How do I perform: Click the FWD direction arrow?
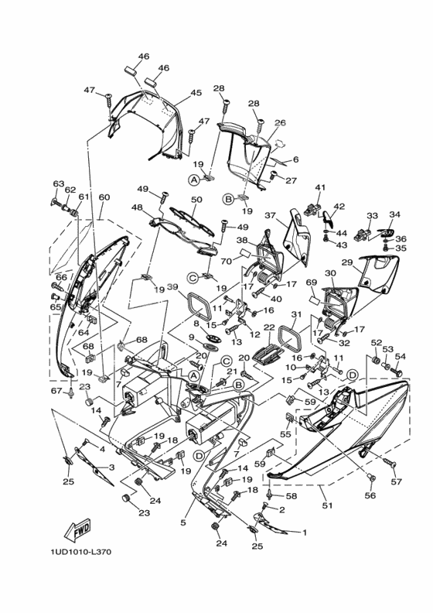click(77, 529)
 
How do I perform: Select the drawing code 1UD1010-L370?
click(81, 552)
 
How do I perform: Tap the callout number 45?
click(196, 93)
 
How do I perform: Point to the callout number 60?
click(104, 197)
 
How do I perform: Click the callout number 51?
click(327, 505)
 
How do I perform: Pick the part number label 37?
click(270, 215)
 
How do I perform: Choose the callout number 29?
click(347, 262)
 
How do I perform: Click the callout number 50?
click(196, 200)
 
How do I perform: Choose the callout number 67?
click(56, 391)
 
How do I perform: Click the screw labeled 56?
click(371, 478)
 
